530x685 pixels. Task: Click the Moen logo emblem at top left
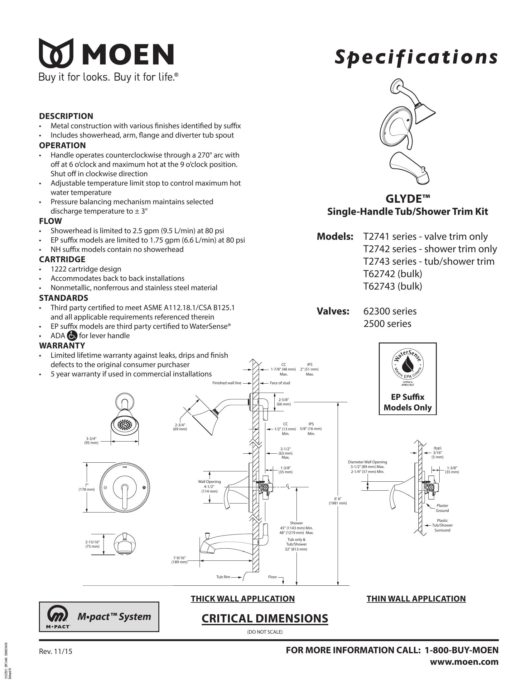coord(56,53)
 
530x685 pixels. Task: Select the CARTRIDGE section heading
coord(62,259)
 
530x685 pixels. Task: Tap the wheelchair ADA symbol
coord(72,336)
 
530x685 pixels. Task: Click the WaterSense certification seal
coord(407,366)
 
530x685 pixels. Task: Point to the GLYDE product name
coord(407,199)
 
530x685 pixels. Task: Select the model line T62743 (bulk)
coord(393,286)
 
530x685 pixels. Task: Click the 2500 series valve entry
coord(387,324)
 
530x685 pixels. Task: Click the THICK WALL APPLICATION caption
coord(243,598)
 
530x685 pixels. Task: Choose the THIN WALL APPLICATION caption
coord(416,598)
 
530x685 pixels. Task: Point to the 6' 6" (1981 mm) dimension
coord(338,501)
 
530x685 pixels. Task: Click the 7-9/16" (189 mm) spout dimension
coord(179,560)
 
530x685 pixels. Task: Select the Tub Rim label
coord(223,577)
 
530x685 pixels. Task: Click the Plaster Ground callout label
coord(442,508)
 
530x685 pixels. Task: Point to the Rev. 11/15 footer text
coord(55,651)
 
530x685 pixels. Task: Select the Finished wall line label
coord(227,383)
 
